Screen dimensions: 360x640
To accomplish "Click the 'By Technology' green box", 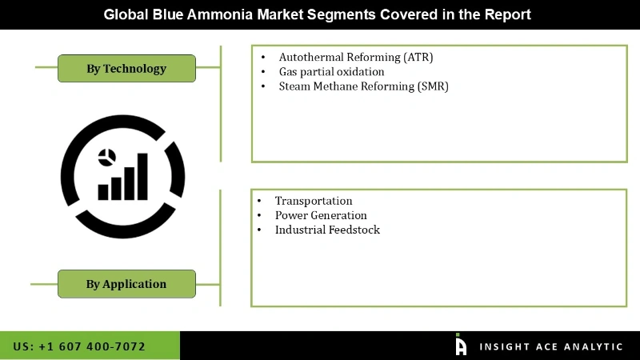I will click(x=126, y=69).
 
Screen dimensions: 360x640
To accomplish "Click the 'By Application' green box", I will click(x=126, y=284).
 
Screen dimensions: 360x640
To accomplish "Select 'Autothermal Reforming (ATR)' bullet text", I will click(x=355, y=58).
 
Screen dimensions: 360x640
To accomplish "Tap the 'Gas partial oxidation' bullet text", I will click(x=331, y=72).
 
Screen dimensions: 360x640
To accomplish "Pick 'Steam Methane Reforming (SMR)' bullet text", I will click(x=363, y=86).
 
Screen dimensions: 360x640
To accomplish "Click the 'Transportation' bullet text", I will click(x=314, y=201).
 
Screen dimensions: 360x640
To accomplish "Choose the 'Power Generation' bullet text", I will click(x=321, y=215).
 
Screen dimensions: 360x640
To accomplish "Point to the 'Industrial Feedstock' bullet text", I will click(x=327, y=230).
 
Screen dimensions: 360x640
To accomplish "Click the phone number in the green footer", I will click(x=79, y=346).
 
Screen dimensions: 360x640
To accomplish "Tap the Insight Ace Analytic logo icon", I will click(x=461, y=345).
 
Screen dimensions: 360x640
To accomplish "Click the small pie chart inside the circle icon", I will click(x=106, y=157).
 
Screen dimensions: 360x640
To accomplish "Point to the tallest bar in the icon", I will click(x=142, y=176).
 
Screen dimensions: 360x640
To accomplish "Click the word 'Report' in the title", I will click(x=509, y=14).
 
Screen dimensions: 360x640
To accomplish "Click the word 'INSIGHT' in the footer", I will click(x=502, y=346).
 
